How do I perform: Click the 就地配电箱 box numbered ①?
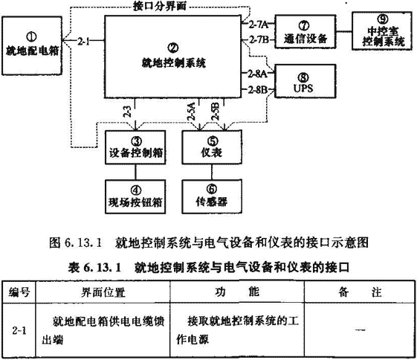(x=32, y=45)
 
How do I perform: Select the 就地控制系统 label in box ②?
(x=173, y=63)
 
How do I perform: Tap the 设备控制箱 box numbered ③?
(x=135, y=147)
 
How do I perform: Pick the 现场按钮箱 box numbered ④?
(x=135, y=196)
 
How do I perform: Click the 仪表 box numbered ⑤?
(x=212, y=147)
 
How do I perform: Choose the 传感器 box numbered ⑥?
(x=212, y=196)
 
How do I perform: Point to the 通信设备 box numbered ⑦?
(x=306, y=32)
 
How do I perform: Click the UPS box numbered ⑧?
(x=306, y=81)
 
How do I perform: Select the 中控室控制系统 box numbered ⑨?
(x=382, y=30)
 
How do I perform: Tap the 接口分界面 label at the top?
(x=160, y=6)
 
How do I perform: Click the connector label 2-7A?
(x=258, y=25)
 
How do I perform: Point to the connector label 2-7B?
(x=259, y=40)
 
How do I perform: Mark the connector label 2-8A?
(x=257, y=74)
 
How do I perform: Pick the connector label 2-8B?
(x=257, y=90)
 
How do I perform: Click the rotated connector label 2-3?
(x=127, y=112)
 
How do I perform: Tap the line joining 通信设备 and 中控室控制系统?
(x=344, y=32)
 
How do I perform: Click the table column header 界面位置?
(x=103, y=292)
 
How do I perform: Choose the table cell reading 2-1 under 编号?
(x=19, y=330)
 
